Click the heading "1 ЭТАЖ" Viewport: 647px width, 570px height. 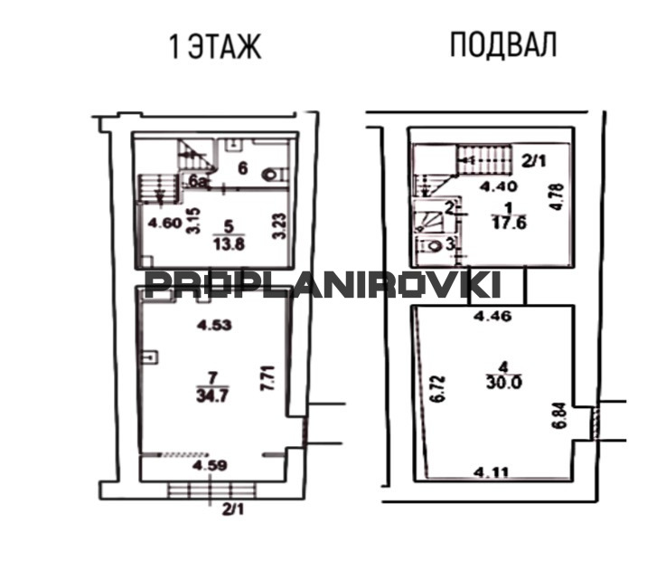click(x=215, y=47)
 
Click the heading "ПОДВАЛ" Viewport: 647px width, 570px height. click(x=503, y=44)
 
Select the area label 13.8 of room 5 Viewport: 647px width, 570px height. click(x=229, y=244)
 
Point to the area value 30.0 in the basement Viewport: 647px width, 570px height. click(x=504, y=383)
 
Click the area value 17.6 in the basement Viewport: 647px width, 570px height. click(x=509, y=223)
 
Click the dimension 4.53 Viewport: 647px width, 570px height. click(x=214, y=325)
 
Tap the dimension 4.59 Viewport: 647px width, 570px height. click(x=210, y=465)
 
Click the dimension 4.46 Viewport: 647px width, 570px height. click(x=492, y=316)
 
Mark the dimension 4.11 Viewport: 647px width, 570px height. click(x=492, y=471)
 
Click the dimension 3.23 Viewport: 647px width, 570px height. click(x=280, y=225)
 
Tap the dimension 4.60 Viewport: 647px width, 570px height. click(x=165, y=223)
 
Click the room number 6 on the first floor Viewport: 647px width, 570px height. click(x=243, y=168)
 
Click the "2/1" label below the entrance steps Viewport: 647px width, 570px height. click(x=233, y=509)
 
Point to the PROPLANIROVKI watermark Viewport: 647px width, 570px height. click(x=323, y=284)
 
